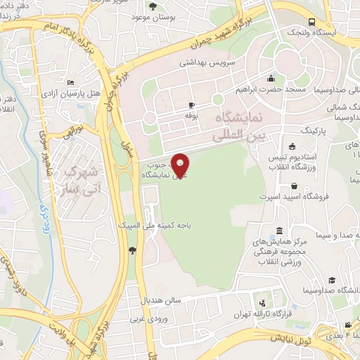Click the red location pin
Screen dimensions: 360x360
pos(181,165)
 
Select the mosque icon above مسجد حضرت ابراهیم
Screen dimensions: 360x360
pos(271,78)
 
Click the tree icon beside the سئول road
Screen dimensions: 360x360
pos(131,250)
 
